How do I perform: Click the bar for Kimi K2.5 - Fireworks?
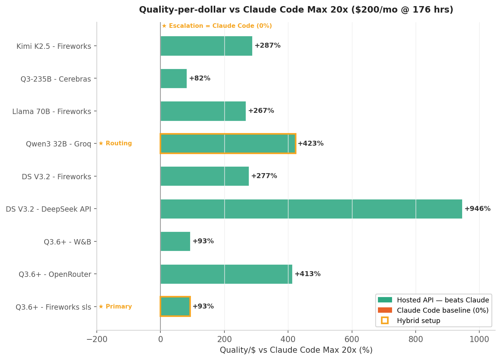pos(206,46)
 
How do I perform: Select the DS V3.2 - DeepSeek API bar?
pos(311,209)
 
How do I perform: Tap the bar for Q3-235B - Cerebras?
pos(174,79)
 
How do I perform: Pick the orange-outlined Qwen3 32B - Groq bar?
pos(228,144)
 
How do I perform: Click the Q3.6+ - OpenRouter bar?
pos(226,274)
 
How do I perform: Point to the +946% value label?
pos(477,209)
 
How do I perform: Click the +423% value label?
pos(311,144)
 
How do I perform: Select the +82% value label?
pos(200,79)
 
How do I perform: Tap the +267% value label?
pos(261,111)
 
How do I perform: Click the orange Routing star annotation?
pos(115,144)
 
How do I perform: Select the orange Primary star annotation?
pos(115,307)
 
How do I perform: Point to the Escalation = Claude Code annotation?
pos(216,26)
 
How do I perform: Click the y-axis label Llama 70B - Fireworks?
pos(52,112)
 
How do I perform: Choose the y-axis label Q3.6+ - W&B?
pos(67,242)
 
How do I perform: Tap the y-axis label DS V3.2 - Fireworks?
pos(56,177)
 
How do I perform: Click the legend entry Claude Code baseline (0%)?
pos(442,310)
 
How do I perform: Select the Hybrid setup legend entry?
pos(418,321)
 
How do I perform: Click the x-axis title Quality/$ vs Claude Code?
pos(296,350)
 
